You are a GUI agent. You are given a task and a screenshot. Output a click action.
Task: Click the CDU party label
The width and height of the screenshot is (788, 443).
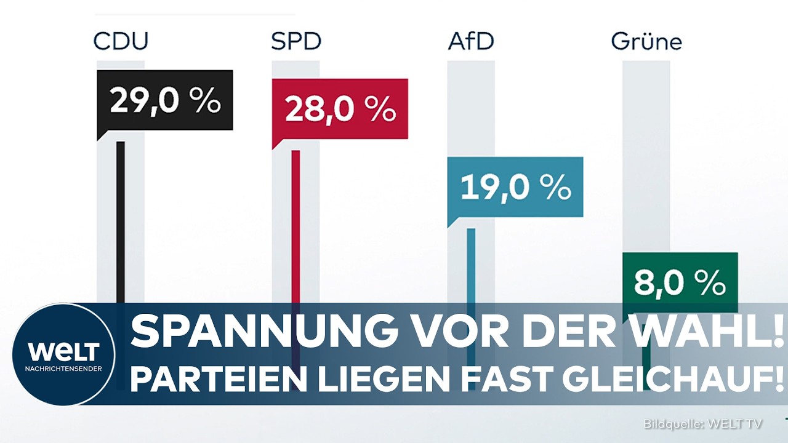click(121, 41)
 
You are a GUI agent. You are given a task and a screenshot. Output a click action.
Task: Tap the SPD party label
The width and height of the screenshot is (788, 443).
click(296, 41)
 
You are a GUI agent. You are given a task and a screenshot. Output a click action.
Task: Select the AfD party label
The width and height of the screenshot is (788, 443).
click(470, 41)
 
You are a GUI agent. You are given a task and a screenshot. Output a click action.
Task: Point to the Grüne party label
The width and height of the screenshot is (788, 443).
click(646, 41)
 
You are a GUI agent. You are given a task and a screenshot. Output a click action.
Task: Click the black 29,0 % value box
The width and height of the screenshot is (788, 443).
click(165, 100)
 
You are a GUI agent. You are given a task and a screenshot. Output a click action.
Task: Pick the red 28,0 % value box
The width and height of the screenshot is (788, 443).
click(340, 109)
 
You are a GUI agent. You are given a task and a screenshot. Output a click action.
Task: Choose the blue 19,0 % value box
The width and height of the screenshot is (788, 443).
click(515, 187)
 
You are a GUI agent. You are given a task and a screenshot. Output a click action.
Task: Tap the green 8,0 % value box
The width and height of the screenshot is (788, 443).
click(680, 282)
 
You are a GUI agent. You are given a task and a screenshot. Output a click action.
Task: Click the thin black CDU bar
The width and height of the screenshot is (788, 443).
click(121, 221)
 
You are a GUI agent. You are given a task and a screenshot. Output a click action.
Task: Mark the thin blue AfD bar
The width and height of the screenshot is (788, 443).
click(471, 265)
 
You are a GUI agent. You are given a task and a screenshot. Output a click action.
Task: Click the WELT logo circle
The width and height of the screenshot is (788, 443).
click(63, 354)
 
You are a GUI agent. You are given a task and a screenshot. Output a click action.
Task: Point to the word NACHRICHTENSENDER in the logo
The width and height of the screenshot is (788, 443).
click(63, 368)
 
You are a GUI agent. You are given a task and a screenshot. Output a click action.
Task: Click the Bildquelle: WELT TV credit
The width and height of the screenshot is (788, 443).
click(703, 424)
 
